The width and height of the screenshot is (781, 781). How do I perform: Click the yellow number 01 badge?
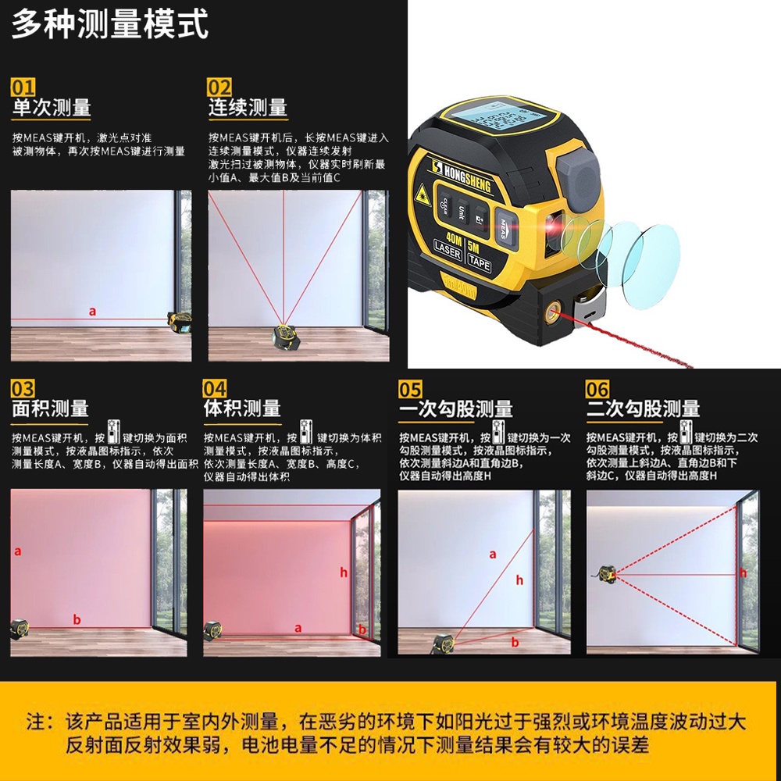click(x=23, y=87)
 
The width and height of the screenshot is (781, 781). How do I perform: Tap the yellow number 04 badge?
click(x=215, y=388)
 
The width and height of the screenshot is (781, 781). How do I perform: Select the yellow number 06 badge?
click(x=597, y=389)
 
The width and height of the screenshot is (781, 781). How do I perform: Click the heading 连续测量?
click(x=248, y=108)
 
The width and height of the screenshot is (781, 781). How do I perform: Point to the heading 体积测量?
click(x=242, y=408)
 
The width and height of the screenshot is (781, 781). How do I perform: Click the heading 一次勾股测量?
click(x=456, y=409)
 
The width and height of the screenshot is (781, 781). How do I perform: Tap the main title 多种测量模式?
click(x=109, y=24)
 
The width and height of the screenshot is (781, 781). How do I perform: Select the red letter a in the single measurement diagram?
click(x=92, y=312)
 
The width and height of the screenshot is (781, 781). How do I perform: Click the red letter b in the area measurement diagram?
click(x=77, y=619)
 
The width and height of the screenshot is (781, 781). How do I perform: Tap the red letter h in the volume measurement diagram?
click(x=343, y=572)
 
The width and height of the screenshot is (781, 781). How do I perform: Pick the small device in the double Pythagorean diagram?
click(x=607, y=574)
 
